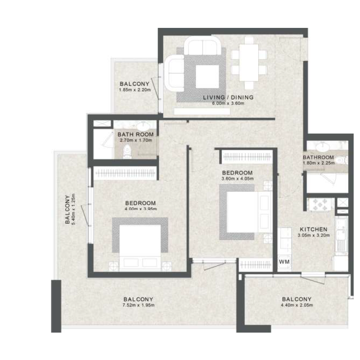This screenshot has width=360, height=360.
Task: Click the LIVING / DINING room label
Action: pyautogui.click(x=228, y=97)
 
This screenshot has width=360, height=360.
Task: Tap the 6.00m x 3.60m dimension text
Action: pyautogui.click(x=228, y=103)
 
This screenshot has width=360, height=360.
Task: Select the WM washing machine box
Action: pyautogui.click(x=284, y=261)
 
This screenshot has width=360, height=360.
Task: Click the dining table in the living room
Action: pyautogui.click(x=247, y=62)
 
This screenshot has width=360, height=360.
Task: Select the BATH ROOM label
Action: pyautogui.click(x=135, y=134)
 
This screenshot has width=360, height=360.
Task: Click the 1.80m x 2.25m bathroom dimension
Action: pyautogui.click(x=319, y=163)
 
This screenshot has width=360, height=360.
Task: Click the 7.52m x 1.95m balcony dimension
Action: pyautogui.click(x=139, y=306)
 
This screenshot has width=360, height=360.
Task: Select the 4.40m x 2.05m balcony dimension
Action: pyautogui.click(x=297, y=306)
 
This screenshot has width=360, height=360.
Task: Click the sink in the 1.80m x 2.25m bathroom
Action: pyautogui.click(x=322, y=147)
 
